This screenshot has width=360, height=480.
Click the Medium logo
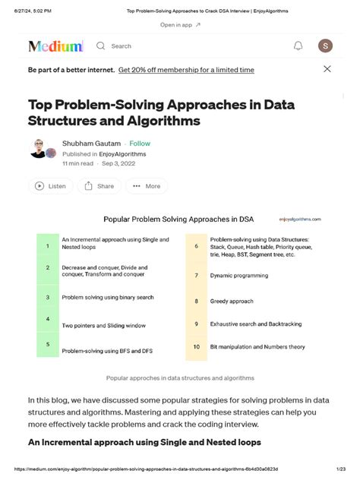coord(55,46)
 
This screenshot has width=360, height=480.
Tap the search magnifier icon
coord(101,46)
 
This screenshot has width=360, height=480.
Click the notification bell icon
coord(298,46)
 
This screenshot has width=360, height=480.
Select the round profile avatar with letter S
coord(325,46)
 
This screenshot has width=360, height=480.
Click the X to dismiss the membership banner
coord(327,69)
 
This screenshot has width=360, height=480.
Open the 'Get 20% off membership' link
coord(186,70)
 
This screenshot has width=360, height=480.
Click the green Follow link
coord(140,144)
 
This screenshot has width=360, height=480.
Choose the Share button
coord(99,186)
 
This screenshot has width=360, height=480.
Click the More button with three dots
coord(146,186)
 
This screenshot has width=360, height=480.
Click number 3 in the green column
coord(47,298)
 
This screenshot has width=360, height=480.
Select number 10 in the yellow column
coord(196,347)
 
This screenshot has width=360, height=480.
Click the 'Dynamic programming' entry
coord(241,276)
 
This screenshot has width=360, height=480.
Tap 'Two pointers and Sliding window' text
coord(103,326)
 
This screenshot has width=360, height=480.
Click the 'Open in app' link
coord(180,25)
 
